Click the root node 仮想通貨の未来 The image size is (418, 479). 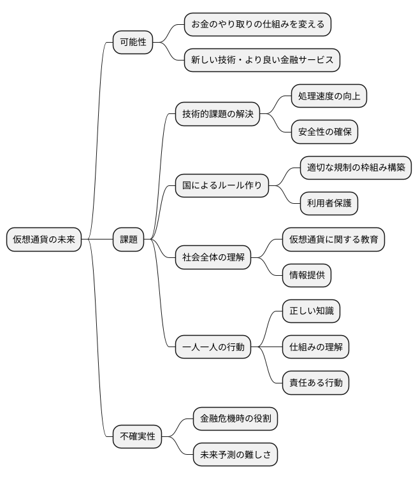[44, 240]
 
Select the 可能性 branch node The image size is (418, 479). [133, 43]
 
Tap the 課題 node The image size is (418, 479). [128, 240]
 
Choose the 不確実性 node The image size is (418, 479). [136, 437]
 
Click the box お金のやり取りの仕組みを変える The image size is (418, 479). [257, 25]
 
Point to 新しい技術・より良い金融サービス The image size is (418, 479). [262, 61]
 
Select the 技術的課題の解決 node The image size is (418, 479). [217, 115]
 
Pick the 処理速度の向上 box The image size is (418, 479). [329, 97]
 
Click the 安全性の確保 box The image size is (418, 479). [324, 132]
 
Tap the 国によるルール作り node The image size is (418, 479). [222, 186]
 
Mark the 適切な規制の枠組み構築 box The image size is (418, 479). [356, 168]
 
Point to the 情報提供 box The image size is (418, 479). [306, 275]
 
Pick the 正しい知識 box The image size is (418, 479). [311, 311]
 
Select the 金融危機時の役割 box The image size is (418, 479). [235, 419]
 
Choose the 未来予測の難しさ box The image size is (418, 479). [235, 455]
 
